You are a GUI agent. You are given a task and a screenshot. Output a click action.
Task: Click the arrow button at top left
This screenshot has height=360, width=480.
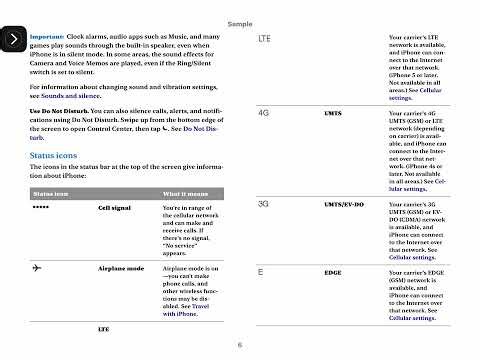point(13,39)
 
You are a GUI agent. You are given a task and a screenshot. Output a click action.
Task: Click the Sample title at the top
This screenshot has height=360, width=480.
point(240,23)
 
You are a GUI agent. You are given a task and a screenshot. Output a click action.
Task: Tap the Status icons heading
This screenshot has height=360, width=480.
point(55,157)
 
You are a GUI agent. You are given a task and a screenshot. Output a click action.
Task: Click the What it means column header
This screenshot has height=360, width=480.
point(184,193)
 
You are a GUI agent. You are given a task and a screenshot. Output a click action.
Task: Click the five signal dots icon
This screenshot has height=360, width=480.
point(41,208)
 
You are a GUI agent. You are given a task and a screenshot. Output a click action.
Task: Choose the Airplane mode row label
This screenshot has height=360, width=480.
point(122,270)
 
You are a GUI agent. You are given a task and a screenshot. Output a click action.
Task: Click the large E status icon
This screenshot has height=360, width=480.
point(261,271)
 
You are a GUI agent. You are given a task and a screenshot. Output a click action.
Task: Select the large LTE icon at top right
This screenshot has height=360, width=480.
point(267,38)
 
